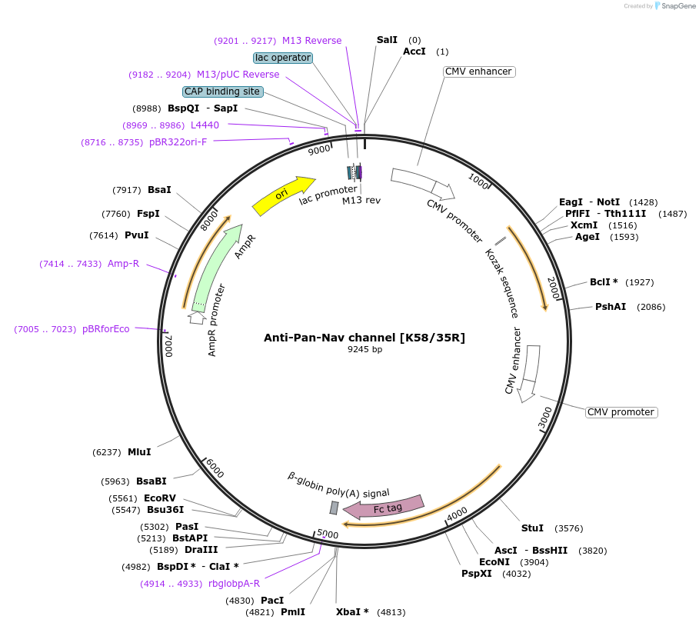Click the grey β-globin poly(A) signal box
(x=334, y=508)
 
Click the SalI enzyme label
(x=387, y=39)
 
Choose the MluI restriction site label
(x=139, y=452)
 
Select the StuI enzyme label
(x=532, y=528)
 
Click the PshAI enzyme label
(x=611, y=307)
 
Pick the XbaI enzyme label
(x=352, y=612)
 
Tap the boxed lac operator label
(x=283, y=58)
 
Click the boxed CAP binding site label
(x=222, y=92)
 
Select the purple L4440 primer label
(x=205, y=125)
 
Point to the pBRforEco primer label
(x=105, y=329)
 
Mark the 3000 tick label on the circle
(x=545, y=417)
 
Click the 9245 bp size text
(x=364, y=350)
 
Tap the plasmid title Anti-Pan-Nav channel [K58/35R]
(x=364, y=338)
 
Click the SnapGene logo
(x=674, y=6)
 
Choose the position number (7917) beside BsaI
(x=127, y=190)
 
